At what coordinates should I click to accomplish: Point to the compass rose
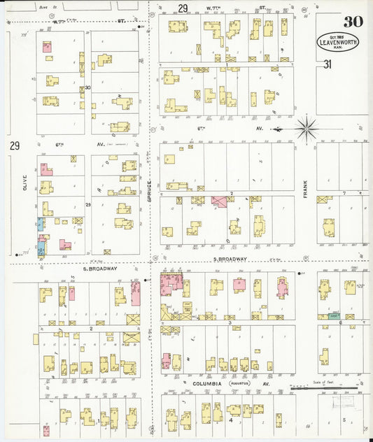[x=306, y=129]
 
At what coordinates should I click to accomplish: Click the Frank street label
[x=306, y=190]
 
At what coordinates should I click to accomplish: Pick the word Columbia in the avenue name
[x=206, y=383]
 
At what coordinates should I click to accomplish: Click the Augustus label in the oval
[x=243, y=383]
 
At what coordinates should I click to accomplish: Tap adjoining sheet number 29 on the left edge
[x=14, y=145]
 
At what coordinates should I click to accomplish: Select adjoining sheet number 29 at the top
[x=183, y=8]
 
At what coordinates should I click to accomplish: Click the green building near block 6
[x=335, y=316]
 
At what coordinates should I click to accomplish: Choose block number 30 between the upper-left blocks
[x=87, y=88]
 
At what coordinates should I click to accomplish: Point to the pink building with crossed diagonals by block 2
[x=219, y=201]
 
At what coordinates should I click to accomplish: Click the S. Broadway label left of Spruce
[x=100, y=269]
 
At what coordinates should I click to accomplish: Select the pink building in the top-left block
[x=47, y=48]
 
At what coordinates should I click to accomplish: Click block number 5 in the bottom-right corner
[x=344, y=420]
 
